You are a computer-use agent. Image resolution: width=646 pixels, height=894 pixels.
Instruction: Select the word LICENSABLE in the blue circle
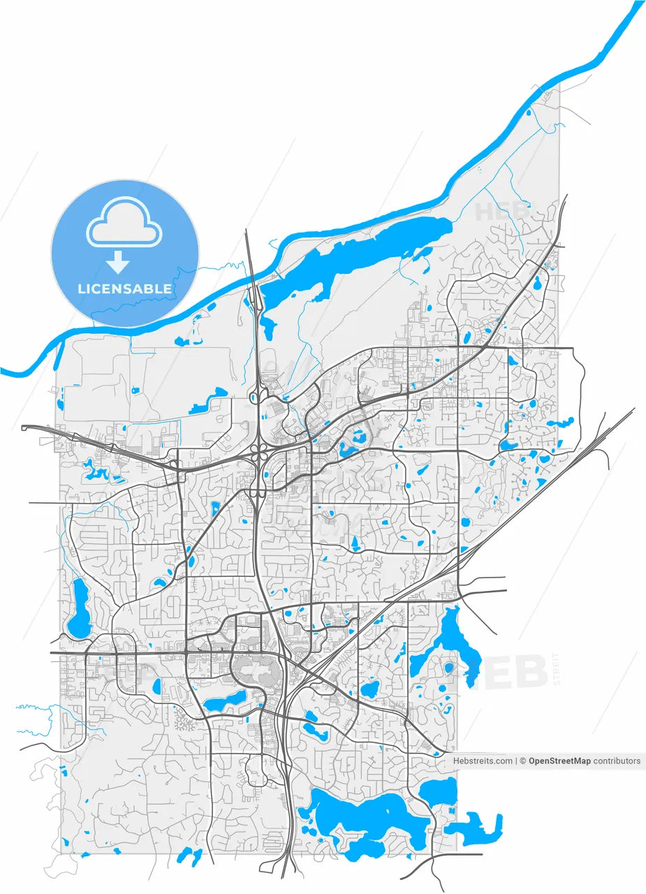coord(125,288)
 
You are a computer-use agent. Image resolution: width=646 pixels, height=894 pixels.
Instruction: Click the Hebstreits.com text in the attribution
coord(483,761)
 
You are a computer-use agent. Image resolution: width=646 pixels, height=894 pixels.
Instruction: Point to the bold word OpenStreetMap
coord(559,761)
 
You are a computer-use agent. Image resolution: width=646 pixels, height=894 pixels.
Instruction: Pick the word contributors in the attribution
coord(617,761)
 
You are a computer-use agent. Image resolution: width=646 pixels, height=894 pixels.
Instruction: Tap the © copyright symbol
coord(522,761)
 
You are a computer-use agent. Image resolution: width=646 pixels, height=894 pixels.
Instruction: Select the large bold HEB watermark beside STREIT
coord(503,672)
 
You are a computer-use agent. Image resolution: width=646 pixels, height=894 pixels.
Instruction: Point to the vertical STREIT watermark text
coord(557,669)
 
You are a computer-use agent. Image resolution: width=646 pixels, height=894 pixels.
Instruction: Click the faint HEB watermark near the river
coord(501,210)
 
